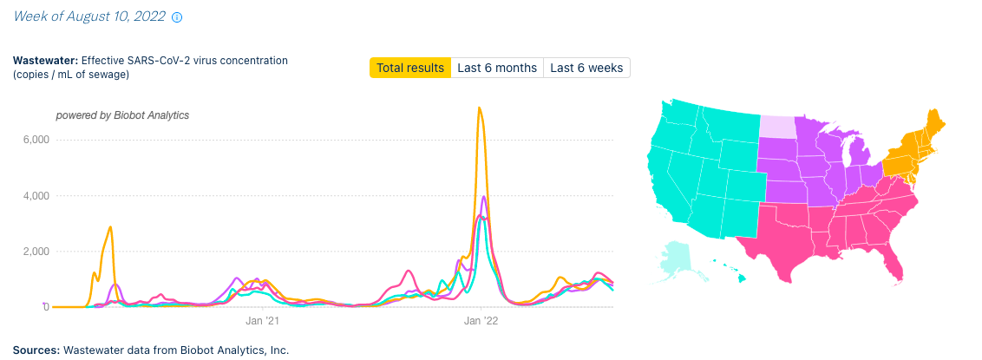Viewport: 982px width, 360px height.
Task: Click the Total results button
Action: [410, 68]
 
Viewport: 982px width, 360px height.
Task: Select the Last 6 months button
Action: [497, 68]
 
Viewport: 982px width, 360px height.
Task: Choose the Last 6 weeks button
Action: [586, 68]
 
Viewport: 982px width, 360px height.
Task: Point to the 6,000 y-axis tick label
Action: [34, 140]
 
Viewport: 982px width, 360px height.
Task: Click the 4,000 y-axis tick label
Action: [34, 196]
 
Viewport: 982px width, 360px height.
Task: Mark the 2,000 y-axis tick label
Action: [34, 252]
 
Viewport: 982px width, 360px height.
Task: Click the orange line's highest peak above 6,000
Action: [479, 108]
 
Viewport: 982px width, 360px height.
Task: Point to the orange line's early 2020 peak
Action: [110, 227]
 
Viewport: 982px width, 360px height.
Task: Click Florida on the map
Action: [894, 260]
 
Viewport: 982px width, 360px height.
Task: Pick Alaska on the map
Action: [681, 256]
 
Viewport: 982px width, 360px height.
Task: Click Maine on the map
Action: [933, 126]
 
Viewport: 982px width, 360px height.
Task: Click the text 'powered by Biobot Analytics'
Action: [122, 115]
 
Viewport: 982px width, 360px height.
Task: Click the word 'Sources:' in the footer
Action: [36, 350]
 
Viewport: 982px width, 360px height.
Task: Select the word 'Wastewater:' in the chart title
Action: [45, 61]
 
